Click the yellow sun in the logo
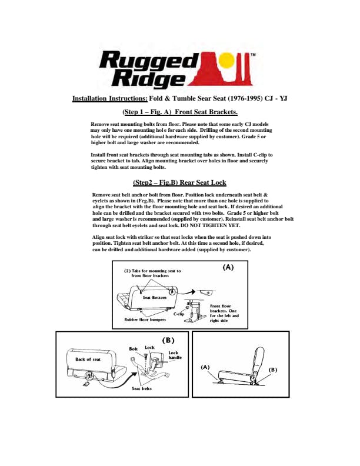(225, 61)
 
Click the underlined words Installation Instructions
(109, 99)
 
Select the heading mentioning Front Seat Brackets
(179, 112)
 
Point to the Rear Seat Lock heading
(179, 182)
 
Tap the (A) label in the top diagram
(227, 267)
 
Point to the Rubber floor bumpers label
(145, 319)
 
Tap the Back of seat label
(88, 358)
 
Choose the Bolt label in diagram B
(134, 349)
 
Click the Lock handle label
(175, 355)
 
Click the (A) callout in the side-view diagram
(205, 367)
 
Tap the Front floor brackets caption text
(224, 314)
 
